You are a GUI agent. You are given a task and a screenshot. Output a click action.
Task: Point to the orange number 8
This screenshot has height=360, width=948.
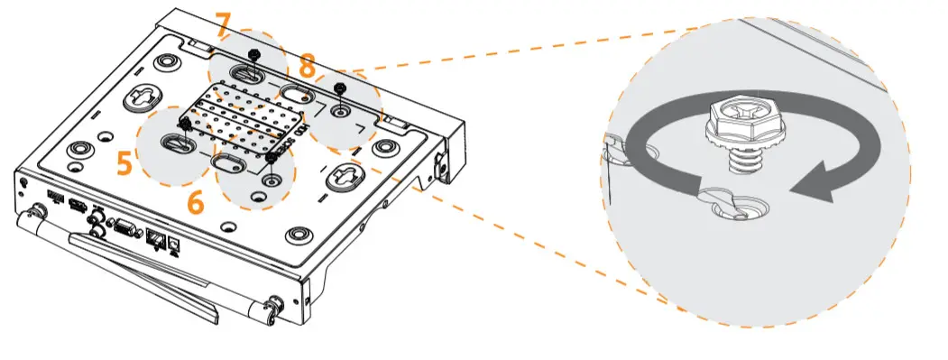point(308,66)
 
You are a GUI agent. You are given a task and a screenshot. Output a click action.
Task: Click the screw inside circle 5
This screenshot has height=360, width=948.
point(186,125)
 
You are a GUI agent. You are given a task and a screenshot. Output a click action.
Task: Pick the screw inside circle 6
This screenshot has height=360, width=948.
point(270,160)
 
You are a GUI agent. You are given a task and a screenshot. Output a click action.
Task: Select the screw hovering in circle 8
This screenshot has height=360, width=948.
point(339,88)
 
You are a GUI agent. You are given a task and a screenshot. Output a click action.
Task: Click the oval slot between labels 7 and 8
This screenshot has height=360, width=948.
point(295,92)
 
